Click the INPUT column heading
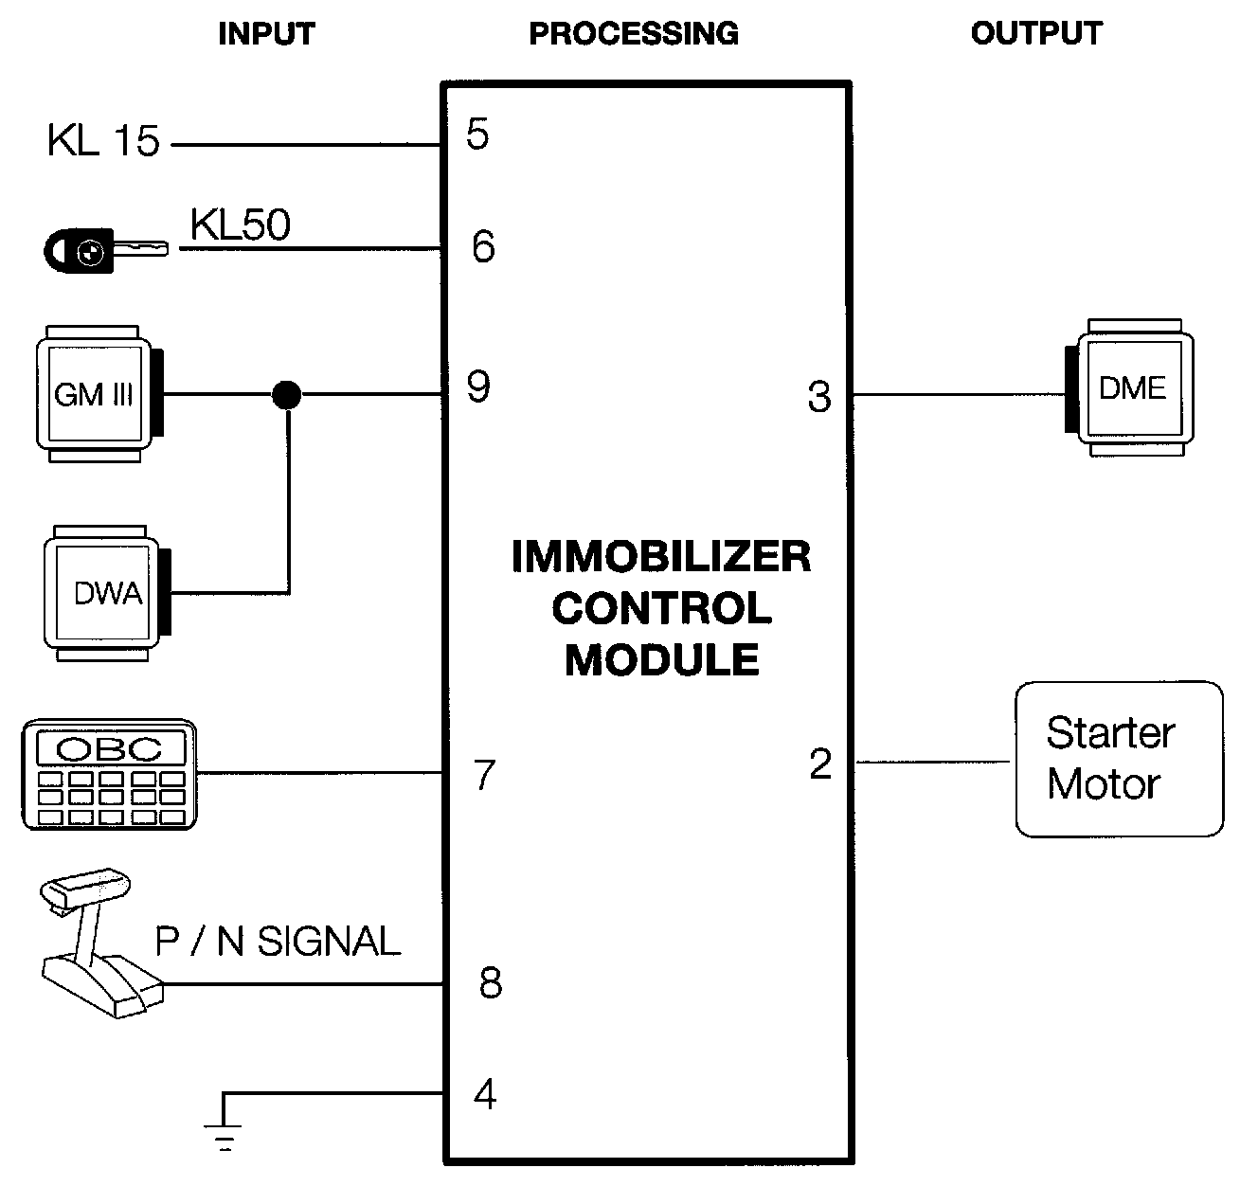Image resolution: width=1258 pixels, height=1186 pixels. [266, 34]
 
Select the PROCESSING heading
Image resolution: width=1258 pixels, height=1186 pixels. [634, 34]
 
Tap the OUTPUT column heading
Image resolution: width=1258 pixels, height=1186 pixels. [1036, 34]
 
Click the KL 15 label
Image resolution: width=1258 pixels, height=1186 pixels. [103, 142]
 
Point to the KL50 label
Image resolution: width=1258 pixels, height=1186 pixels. [241, 225]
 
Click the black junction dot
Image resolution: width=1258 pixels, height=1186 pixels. [286, 394]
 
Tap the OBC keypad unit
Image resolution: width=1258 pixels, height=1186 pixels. [109, 775]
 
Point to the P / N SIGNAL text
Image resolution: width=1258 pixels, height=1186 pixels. [278, 942]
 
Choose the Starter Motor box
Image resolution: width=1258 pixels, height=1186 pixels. [1119, 759]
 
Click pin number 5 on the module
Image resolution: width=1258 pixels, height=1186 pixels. [477, 135]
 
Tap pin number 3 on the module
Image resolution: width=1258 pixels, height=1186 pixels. [819, 397]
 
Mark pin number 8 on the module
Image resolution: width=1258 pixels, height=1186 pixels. [490, 983]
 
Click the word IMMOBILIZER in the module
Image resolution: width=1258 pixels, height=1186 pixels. [661, 557]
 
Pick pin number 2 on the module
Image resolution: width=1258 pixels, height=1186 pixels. [820, 764]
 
